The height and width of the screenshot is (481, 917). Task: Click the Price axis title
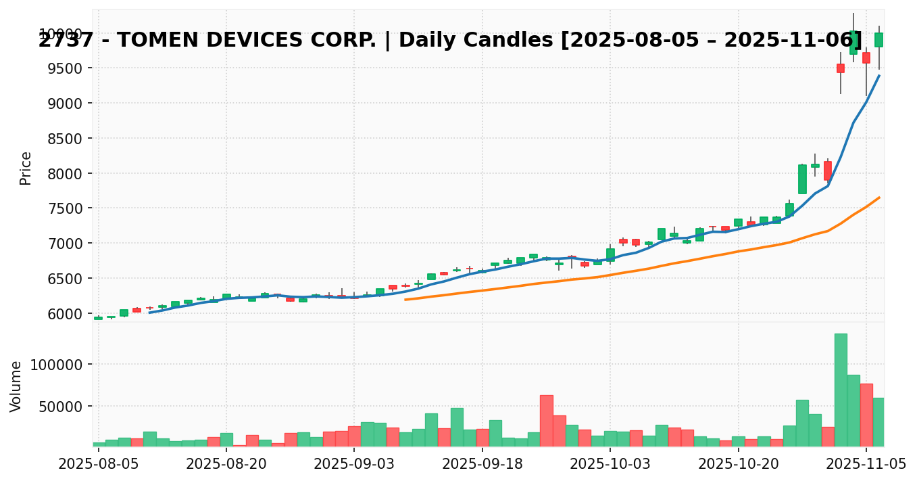click(26, 168)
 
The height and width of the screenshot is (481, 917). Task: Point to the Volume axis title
click(16, 386)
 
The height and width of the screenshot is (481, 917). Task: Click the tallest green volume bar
click(841, 390)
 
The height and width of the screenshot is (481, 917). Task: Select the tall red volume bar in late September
click(547, 420)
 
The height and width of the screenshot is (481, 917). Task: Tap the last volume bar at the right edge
click(878, 422)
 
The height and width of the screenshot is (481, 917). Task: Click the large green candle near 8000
click(802, 179)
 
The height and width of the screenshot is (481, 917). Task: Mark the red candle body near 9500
click(841, 68)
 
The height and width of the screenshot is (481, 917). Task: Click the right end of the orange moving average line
click(879, 198)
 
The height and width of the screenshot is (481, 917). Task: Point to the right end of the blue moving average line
click(879, 75)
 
